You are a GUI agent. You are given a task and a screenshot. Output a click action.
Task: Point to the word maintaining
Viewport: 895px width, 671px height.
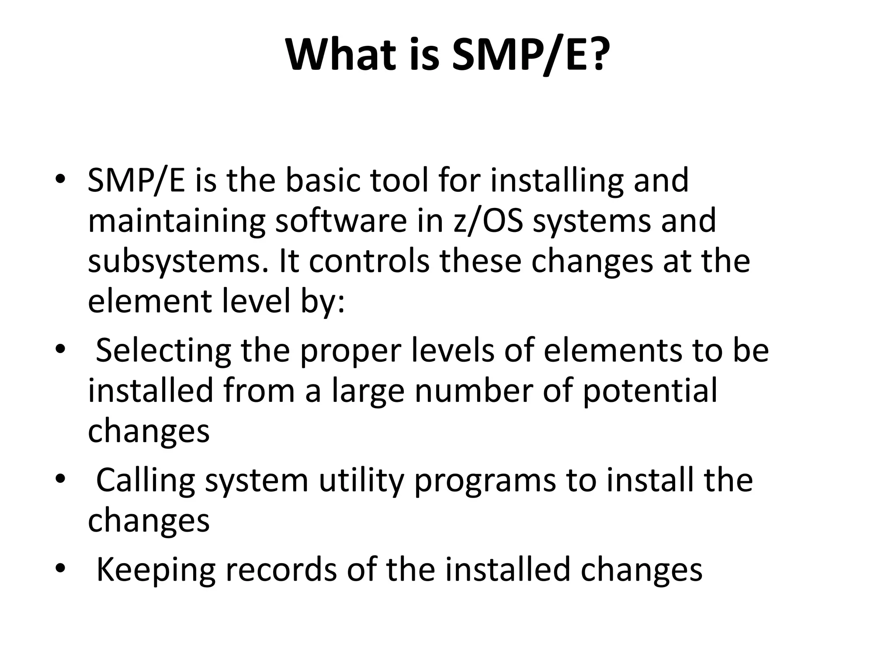pyautogui.click(x=176, y=221)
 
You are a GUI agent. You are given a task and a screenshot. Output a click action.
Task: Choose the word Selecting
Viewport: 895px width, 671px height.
pyautogui.click(x=163, y=351)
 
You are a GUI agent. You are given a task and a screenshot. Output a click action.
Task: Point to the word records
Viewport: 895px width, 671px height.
pyautogui.click(x=281, y=569)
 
